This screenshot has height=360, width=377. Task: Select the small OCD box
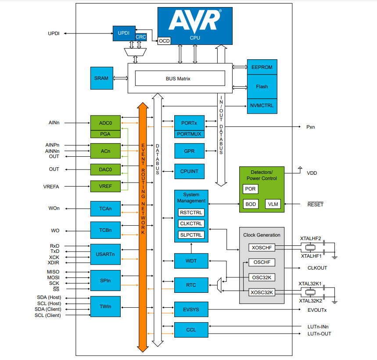164,41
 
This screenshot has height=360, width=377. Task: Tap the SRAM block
101,78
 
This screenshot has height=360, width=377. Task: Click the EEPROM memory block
262,67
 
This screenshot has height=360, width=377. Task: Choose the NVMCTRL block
262,106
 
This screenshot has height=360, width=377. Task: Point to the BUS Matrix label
178,79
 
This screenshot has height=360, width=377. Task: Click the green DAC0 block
105,169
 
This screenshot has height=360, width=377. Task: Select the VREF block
105,187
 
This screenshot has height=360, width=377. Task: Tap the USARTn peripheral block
105,254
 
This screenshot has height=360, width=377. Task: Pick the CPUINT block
189,171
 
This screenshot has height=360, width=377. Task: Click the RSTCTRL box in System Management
191,212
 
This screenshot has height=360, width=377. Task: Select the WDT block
191,261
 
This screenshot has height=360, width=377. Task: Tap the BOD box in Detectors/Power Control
251,204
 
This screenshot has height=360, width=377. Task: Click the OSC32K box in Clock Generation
262,277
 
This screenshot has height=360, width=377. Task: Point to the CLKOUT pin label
317,268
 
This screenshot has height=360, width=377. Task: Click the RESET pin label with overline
315,205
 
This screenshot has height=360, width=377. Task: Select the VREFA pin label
51,187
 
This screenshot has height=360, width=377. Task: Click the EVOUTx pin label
317,310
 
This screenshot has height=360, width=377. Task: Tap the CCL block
191,330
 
